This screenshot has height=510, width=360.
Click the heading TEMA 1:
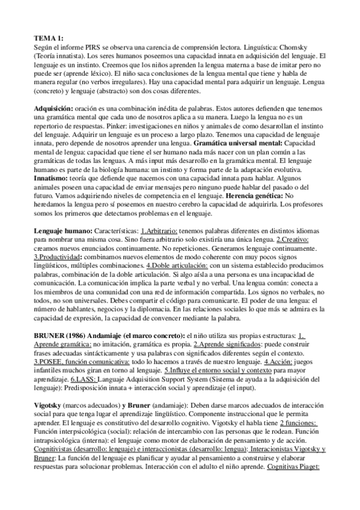coord(46,37)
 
